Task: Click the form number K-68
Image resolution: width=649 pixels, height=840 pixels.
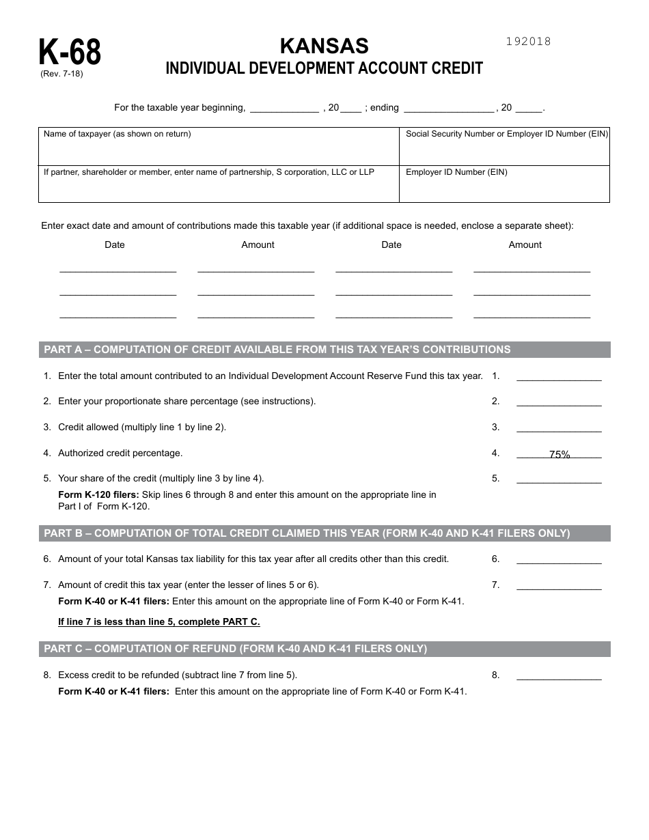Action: click(70, 52)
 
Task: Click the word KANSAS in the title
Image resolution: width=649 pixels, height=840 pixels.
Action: click(324, 46)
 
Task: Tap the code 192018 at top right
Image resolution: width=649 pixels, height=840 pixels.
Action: click(528, 41)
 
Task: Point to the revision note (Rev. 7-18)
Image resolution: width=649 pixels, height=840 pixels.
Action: click(61, 74)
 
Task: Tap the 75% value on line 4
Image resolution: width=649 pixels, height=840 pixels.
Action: click(560, 454)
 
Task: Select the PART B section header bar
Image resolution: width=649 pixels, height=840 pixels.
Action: click(324, 533)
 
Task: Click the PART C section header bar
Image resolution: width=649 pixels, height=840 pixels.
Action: click(324, 649)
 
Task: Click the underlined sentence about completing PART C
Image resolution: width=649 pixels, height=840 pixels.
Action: click(159, 621)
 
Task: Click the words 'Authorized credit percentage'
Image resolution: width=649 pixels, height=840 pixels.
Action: click(120, 453)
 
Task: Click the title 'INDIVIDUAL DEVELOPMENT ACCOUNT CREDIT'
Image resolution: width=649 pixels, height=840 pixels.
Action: click(324, 68)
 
